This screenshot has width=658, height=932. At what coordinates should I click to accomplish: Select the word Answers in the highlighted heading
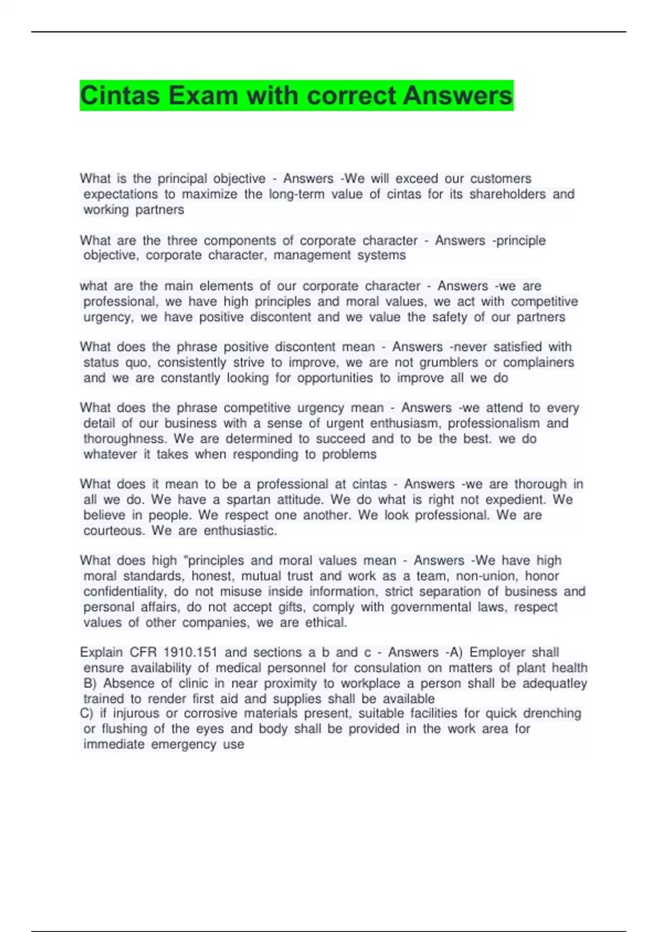click(457, 96)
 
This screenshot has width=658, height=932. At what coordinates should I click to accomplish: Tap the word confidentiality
click(124, 592)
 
